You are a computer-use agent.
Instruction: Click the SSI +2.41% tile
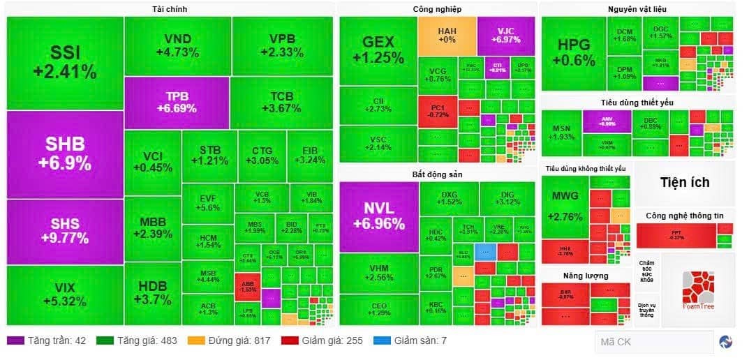click(x=65, y=63)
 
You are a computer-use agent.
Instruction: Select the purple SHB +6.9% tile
click(x=65, y=154)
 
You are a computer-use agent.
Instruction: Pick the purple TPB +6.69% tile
click(x=177, y=103)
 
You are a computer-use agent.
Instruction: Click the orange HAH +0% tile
click(x=447, y=36)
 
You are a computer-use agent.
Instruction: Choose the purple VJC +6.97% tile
click(x=506, y=36)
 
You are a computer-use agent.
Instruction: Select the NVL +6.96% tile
click(x=379, y=216)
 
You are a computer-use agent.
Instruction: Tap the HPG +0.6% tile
click(x=574, y=53)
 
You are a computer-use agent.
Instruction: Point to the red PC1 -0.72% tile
click(x=438, y=110)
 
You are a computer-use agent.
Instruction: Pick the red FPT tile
click(x=676, y=234)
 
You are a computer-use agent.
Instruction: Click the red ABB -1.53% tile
click(x=247, y=285)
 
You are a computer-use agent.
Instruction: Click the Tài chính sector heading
click(x=169, y=9)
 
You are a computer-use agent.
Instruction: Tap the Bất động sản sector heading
click(x=438, y=174)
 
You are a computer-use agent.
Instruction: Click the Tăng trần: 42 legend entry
click(x=46, y=341)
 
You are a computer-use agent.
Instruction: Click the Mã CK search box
click(x=653, y=342)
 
